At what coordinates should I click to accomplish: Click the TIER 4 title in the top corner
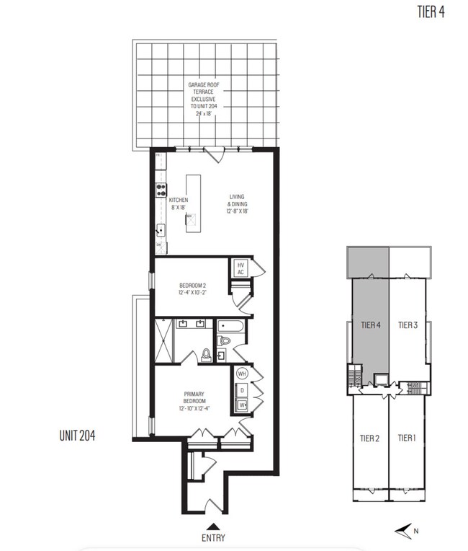(431, 12)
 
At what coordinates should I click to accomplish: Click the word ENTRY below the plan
(214, 537)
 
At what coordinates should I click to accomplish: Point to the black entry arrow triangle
(214, 525)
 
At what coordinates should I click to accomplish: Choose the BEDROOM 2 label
(193, 288)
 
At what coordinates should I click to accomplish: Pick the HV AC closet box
(241, 268)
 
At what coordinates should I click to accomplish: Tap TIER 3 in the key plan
(408, 325)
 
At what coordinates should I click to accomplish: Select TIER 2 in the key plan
(369, 438)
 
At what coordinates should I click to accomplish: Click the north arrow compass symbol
(408, 532)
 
